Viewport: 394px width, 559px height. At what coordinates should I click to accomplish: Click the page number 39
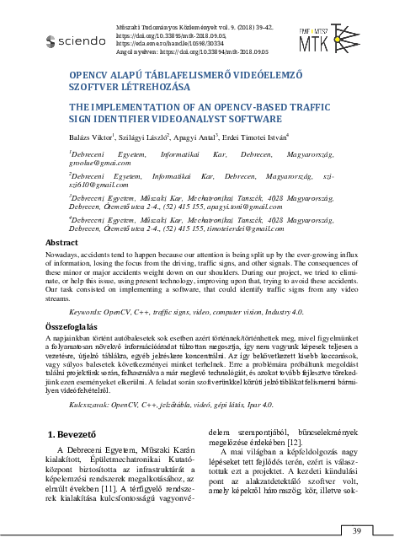pyautogui.click(x=356, y=530)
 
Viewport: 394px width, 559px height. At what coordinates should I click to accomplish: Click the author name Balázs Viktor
pyautogui.click(x=90, y=136)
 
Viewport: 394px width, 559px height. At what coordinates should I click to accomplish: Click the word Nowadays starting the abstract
pyautogui.click(x=63, y=254)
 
